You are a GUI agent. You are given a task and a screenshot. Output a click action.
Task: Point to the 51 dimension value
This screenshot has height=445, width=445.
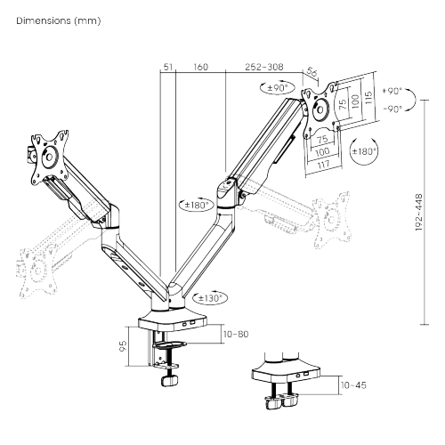(167, 66)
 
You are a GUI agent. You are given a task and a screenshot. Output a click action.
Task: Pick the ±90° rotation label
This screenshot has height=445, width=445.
(279, 88)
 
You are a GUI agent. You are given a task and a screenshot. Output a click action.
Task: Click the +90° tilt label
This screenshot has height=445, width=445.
(391, 91)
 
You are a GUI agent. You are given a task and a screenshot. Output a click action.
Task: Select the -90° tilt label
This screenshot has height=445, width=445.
(391, 108)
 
